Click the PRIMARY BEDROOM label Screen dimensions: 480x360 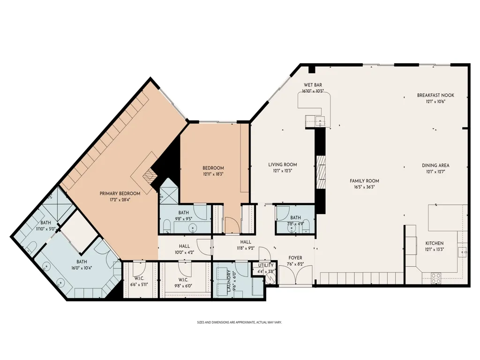(120, 194)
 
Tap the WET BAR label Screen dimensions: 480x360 (313, 85)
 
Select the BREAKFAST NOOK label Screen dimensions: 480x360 (435, 95)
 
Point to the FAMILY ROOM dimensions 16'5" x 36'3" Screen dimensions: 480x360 (364, 187)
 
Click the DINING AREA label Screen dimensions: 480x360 (435, 165)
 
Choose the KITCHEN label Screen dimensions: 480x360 (435, 243)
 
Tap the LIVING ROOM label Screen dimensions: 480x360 (283, 165)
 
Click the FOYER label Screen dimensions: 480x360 (295, 258)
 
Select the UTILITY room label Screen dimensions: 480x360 (266, 265)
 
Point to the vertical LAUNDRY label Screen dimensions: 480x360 (229, 281)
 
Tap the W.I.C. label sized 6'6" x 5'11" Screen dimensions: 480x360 (139, 278)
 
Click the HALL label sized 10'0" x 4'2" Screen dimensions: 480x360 (184, 246)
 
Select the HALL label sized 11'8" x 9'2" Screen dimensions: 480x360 (246, 242)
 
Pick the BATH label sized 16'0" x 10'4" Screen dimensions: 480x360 (82, 262)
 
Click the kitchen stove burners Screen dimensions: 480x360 (436, 277)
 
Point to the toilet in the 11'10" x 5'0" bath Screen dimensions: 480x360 (31, 247)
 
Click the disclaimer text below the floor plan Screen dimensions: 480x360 (240, 322)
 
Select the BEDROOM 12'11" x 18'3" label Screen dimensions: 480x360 (213, 168)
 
